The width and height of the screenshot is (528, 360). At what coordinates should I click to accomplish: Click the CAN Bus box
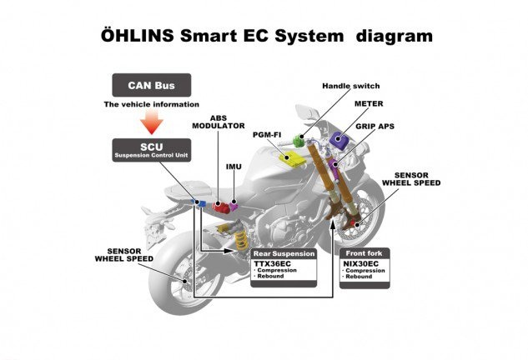click(151, 83)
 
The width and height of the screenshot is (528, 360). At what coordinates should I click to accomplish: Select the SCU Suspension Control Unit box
click(151, 149)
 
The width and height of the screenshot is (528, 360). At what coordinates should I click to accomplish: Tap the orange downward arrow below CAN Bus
click(151, 122)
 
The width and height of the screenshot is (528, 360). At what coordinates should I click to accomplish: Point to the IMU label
click(234, 167)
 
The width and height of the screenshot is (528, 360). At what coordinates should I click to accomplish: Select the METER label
click(368, 105)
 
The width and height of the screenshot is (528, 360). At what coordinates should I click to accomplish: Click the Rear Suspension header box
click(284, 253)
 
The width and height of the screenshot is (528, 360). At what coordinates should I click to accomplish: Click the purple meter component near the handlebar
click(339, 138)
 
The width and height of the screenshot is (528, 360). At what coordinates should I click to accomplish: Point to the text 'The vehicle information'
click(151, 104)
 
